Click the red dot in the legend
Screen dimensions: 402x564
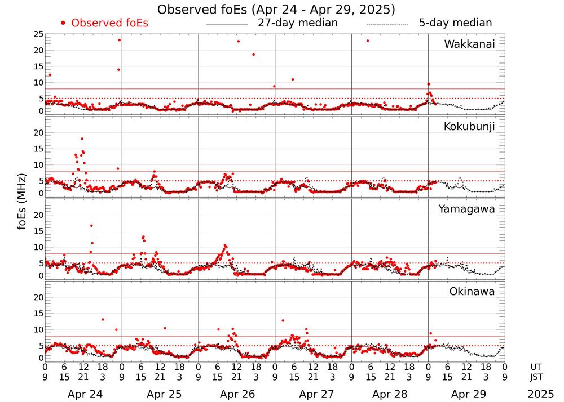click(63, 23)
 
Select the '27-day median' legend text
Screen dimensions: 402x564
click(297, 23)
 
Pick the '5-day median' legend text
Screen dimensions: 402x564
click(455, 23)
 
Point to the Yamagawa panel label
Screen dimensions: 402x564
click(467, 209)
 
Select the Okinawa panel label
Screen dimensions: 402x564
click(472, 292)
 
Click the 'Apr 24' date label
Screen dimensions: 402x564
click(83, 394)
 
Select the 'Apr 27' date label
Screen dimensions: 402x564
click(313, 394)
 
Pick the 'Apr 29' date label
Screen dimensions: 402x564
click(466, 394)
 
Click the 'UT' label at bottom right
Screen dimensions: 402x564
click(537, 367)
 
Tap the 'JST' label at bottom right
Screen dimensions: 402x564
click(537, 376)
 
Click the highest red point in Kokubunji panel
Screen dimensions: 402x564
click(82, 139)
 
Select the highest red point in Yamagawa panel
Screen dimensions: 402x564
click(91, 226)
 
